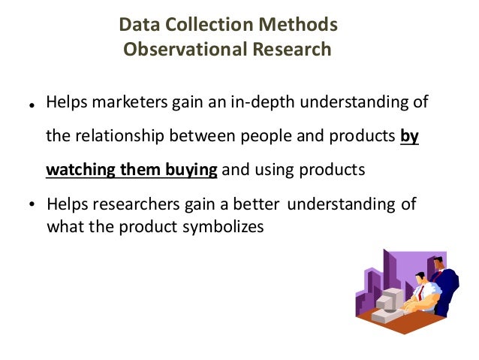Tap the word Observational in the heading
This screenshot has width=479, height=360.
172,50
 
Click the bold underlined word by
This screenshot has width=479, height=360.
409,136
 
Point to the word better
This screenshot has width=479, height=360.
254,204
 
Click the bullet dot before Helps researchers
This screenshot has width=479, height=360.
32,205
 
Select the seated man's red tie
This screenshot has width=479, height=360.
422,292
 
